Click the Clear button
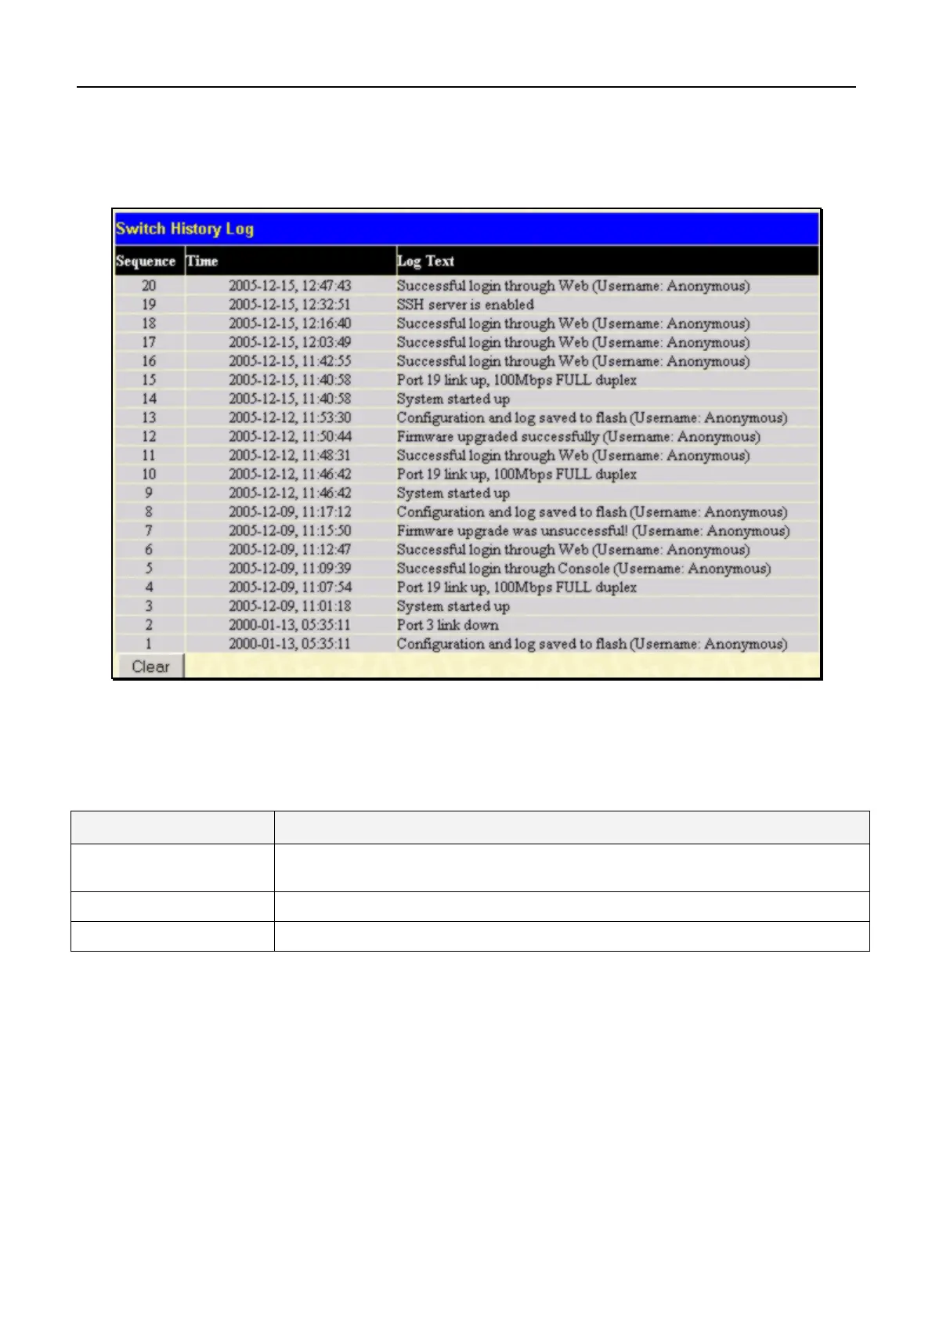pos(150,667)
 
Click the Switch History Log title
pos(185,229)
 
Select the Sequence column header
pos(146,261)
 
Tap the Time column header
pos(202,261)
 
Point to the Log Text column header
pos(425,261)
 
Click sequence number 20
pos(149,286)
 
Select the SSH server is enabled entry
pos(465,305)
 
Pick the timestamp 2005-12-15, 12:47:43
pos(290,286)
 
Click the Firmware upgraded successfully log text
pos(578,436)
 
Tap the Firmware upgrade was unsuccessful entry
pos(593,530)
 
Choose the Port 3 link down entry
pos(447,624)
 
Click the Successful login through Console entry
pos(583,568)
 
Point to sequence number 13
pos(149,417)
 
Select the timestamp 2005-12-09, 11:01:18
pos(290,605)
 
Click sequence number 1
pos(149,643)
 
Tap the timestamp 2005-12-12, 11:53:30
pos(290,417)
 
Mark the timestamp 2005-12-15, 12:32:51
pos(290,305)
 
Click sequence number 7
pos(149,530)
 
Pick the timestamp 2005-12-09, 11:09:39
pos(290,568)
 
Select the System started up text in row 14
pos(453,399)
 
